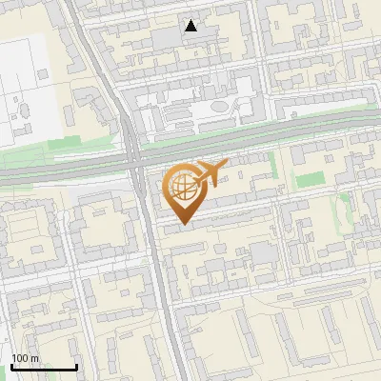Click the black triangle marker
191,26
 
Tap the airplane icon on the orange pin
209,173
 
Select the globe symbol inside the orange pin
183,187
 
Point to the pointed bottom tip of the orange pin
183,225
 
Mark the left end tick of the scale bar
10,367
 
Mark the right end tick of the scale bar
76,367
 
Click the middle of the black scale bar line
44,368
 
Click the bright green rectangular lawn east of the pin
309,179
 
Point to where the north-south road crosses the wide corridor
136,161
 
